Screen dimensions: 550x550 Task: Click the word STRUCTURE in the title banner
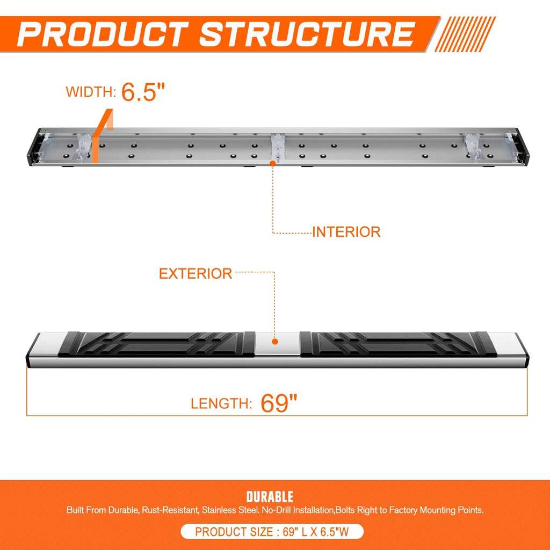308,34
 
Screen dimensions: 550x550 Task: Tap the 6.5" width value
143,92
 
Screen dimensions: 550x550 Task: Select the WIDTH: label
91,92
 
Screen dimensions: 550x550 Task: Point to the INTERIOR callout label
346,232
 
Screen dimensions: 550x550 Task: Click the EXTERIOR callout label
196,273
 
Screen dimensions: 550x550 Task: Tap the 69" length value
279,403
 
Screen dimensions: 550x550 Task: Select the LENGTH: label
221,404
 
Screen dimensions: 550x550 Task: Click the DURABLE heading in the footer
270,497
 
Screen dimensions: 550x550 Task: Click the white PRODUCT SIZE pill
272,532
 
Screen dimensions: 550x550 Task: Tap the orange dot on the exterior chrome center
275,341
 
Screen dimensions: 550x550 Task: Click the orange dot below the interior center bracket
272,163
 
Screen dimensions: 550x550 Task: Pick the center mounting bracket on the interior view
278,147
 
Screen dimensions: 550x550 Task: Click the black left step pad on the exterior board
156,344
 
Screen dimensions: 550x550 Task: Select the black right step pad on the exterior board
399,344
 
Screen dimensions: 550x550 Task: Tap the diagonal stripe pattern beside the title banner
465,34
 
